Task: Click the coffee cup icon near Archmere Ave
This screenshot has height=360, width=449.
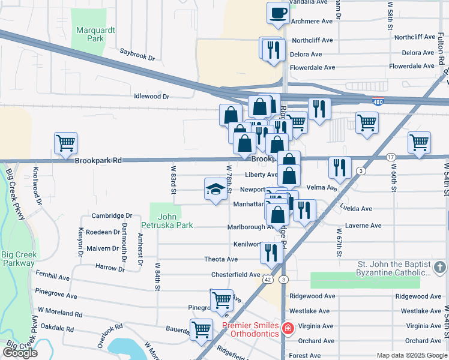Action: [x=277, y=13]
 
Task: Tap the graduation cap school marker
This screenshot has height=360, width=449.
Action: [x=215, y=190]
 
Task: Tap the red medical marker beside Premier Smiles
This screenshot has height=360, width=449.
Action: [x=288, y=329]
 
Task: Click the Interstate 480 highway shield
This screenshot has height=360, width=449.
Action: [x=378, y=101]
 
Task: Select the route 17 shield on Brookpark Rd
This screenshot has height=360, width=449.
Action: [x=391, y=157]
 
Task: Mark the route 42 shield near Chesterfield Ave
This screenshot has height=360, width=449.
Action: [x=267, y=280]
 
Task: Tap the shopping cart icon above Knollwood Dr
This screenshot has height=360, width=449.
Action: [x=65, y=143]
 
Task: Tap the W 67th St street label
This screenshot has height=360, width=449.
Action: [x=340, y=243]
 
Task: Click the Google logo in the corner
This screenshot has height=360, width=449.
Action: [x=20, y=353]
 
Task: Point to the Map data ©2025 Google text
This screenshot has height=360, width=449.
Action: [x=411, y=355]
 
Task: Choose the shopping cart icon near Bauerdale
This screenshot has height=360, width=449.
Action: [x=201, y=329]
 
